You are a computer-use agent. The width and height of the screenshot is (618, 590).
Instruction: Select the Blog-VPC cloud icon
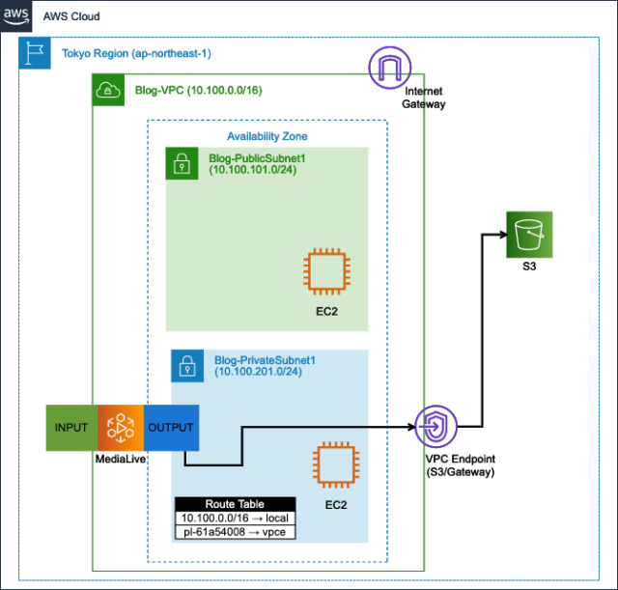click(x=107, y=91)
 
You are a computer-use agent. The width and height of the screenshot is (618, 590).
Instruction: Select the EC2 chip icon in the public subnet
click(x=325, y=271)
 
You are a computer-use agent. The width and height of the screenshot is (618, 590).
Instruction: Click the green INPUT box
click(x=70, y=428)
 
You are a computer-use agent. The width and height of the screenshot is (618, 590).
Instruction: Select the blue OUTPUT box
click(x=171, y=428)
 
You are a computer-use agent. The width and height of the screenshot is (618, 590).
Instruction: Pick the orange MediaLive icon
click(x=121, y=428)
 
